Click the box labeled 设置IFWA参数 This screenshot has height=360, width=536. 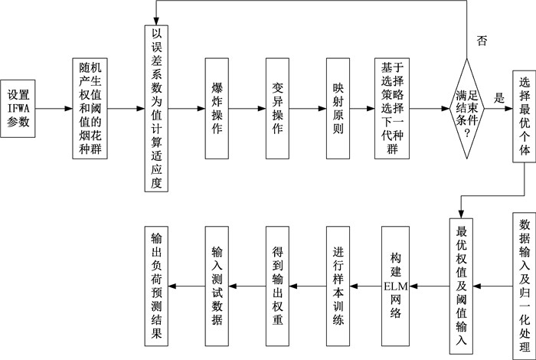pos(18,108)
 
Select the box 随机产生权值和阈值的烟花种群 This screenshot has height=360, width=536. pos(90,108)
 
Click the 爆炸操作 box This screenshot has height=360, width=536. pos(217,108)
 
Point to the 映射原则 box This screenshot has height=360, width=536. pos(341,108)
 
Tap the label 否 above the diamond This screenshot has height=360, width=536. pos(481,39)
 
